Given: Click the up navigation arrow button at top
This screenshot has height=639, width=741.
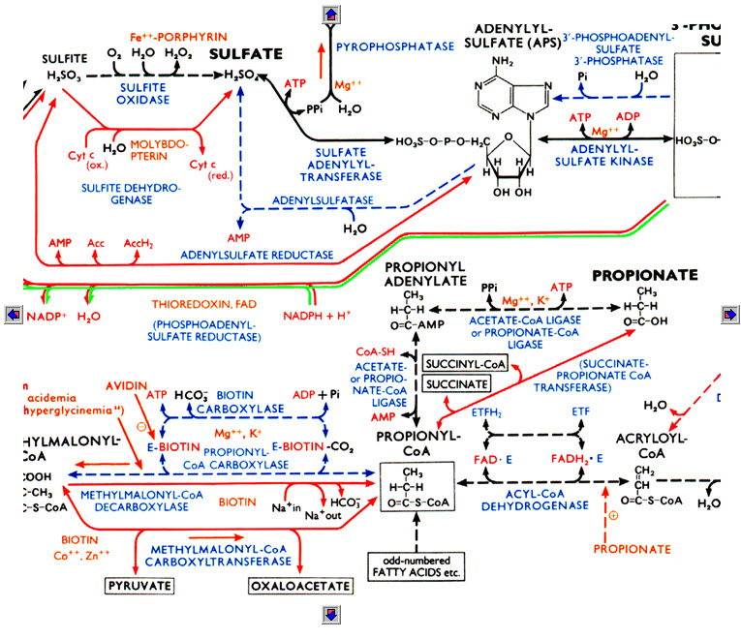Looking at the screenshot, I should click(331, 13).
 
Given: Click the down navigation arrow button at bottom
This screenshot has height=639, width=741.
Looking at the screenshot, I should click(331, 612).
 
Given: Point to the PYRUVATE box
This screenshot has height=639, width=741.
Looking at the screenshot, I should click(141, 587).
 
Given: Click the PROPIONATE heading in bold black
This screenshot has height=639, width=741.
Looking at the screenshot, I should click(648, 275).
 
